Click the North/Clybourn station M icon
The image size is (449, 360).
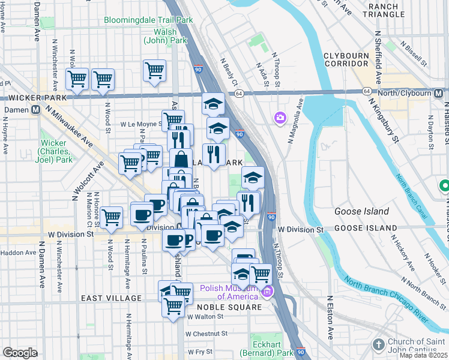tap(440, 93)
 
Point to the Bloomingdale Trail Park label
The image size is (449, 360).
tap(148, 19)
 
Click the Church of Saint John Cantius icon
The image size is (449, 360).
tap(378, 344)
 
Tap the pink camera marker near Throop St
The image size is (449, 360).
tap(280, 118)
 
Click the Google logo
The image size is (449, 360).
tap(20, 353)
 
